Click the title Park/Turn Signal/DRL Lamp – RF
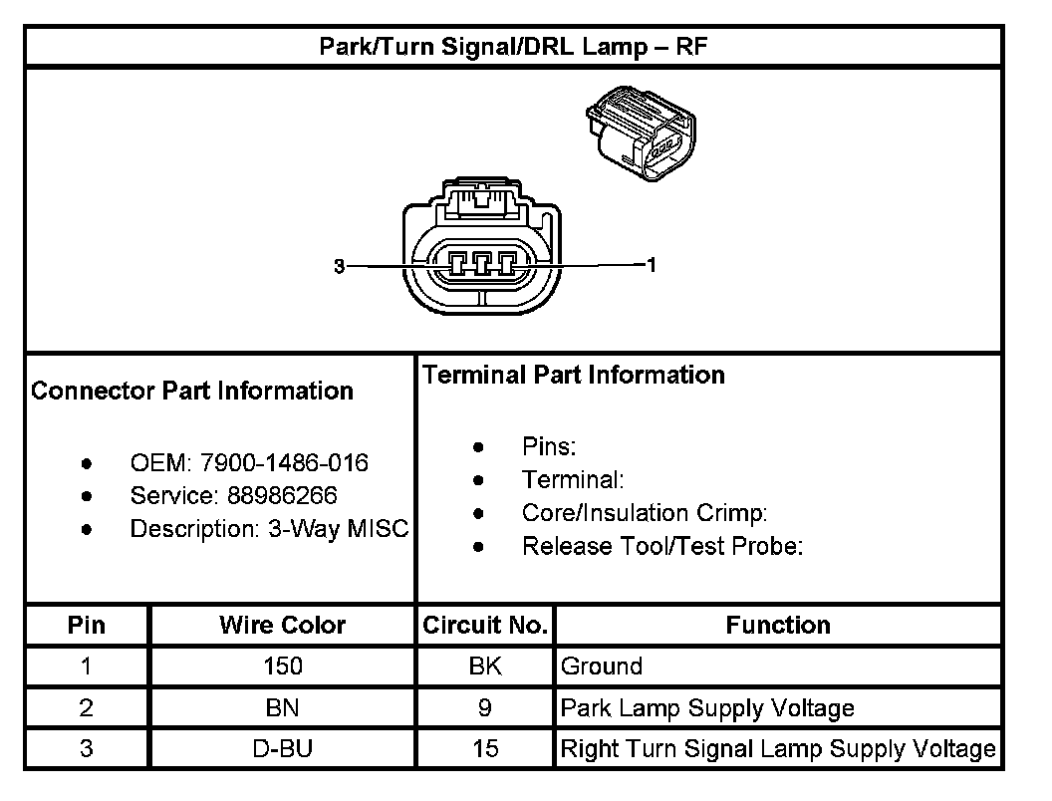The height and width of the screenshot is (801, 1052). [x=513, y=47]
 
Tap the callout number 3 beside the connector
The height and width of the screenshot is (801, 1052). [x=339, y=266]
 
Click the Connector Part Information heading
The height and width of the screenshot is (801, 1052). [x=192, y=391]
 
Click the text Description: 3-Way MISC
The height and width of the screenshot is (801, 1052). [x=269, y=529]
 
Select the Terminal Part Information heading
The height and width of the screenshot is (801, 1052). [x=574, y=376]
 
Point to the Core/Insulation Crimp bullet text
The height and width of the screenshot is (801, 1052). [x=645, y=513]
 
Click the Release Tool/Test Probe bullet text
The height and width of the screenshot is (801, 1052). [x=662, y=546]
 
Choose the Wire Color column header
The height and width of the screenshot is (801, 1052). [x=282, y=626]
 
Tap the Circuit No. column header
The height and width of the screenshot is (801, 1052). [x=485, y=626]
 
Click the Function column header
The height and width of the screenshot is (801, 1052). [x=778, y=626]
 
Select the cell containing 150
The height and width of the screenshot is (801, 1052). [x=282, y=667]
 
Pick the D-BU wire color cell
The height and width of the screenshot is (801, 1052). [x=282, y=749]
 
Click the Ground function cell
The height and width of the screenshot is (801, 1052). [x=602, y=667]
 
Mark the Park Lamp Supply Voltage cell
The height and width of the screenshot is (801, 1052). [x=707, y=708]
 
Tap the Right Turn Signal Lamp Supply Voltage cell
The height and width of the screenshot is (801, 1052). [x=778, y=749]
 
